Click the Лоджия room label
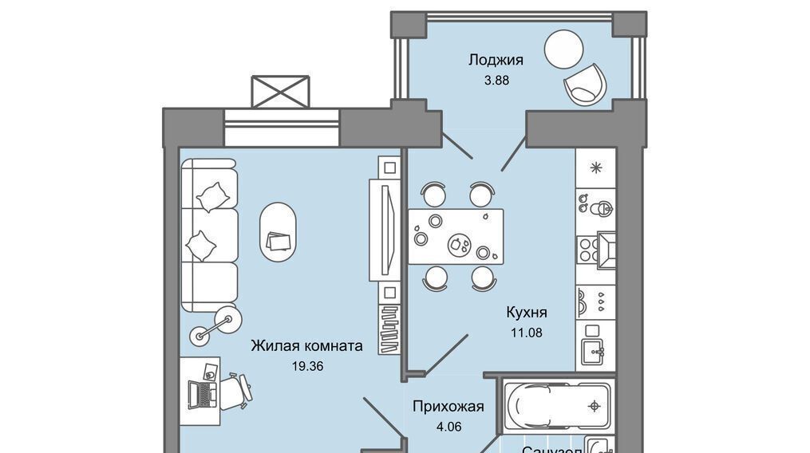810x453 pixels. (496, 60)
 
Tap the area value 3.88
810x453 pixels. (496, 80)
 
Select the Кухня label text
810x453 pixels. (527, 312)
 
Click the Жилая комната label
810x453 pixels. (306, 346)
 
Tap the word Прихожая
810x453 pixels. (448, 407)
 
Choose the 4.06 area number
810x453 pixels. (449, 427)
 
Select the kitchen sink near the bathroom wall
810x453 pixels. (595, 343)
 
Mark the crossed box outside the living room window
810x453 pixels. (279, 92)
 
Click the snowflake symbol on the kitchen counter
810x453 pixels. (595, 167)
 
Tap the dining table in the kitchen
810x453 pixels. (456, 237)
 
